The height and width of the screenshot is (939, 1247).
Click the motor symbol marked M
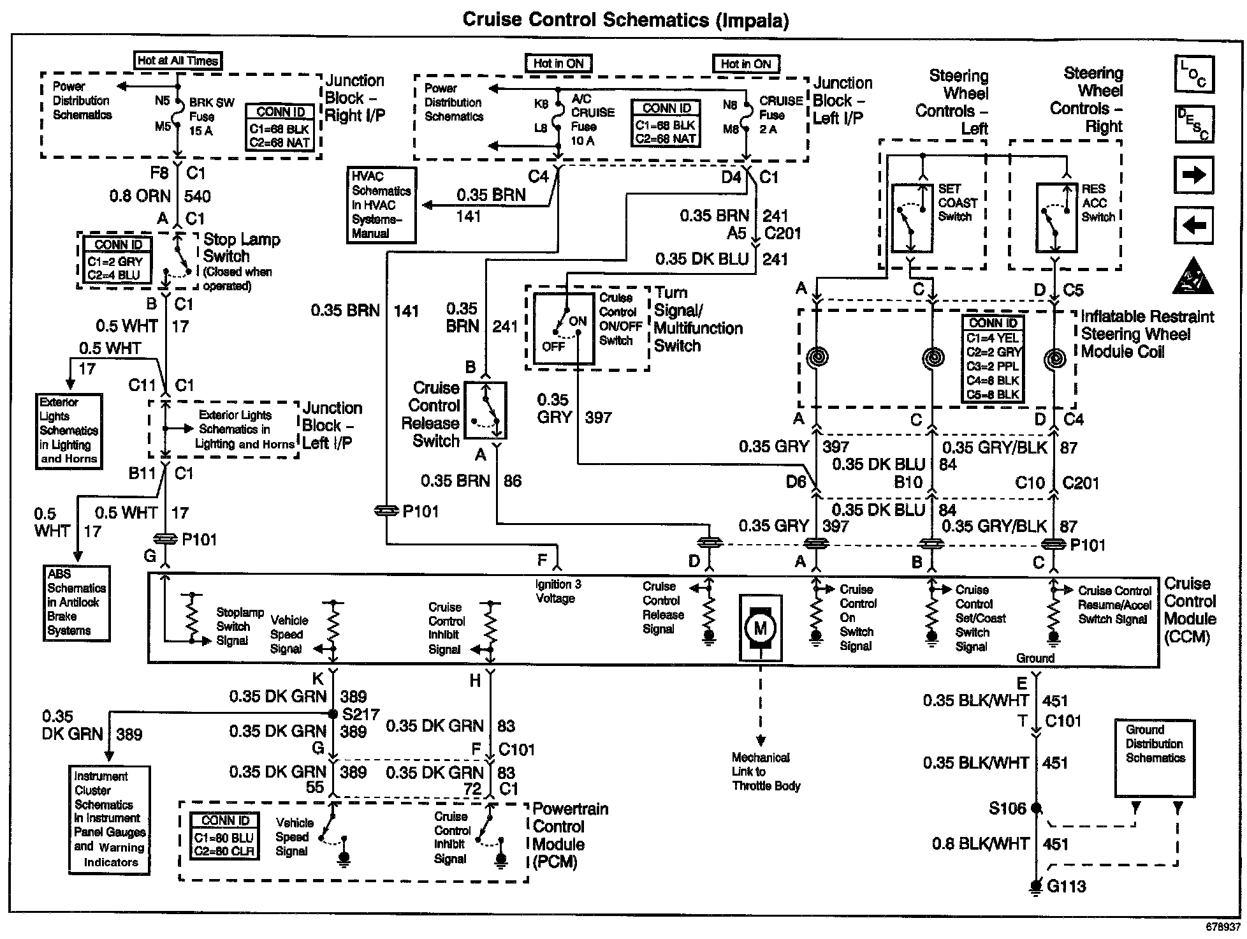(760, 628)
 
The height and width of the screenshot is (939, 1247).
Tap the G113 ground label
(1066, 886)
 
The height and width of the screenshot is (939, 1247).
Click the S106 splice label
(1007, 808)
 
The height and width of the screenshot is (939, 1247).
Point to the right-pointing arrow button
(1193, 175)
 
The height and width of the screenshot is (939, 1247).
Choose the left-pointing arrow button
(1193, 225)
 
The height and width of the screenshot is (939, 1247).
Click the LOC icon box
(1193, 74)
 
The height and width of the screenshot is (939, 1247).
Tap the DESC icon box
(1193, 124)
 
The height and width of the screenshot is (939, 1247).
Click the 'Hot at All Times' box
(178, 61)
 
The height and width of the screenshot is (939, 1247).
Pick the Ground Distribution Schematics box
(1154, 758)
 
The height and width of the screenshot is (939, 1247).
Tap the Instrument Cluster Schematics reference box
(109, 820)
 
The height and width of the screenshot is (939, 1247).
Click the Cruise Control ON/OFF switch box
(564, 329)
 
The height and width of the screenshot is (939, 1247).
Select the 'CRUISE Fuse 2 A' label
(780, 115)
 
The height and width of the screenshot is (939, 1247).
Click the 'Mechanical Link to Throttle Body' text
(765, 772)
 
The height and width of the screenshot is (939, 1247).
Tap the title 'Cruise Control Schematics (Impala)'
(625, 20)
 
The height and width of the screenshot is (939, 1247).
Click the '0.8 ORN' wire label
(140, 196)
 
